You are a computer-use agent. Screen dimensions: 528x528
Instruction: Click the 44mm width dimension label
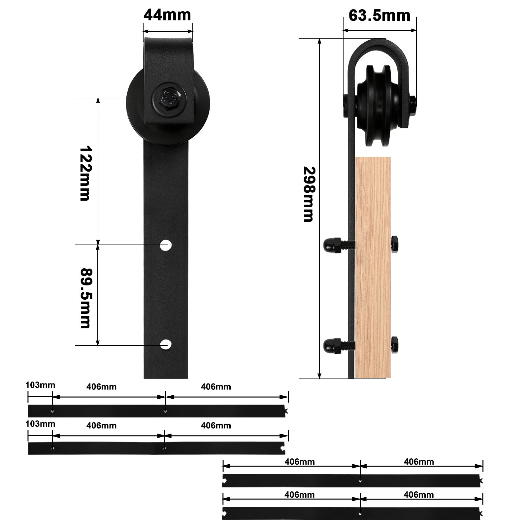pos(167,15)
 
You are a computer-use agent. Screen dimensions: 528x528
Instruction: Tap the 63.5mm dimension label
pos(379,15)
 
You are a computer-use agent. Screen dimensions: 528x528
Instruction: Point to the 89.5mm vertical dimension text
pos(85,298)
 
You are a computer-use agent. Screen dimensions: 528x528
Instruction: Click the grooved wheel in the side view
pos(379,106)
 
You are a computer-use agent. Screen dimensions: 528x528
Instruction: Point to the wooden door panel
pos(373,267)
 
